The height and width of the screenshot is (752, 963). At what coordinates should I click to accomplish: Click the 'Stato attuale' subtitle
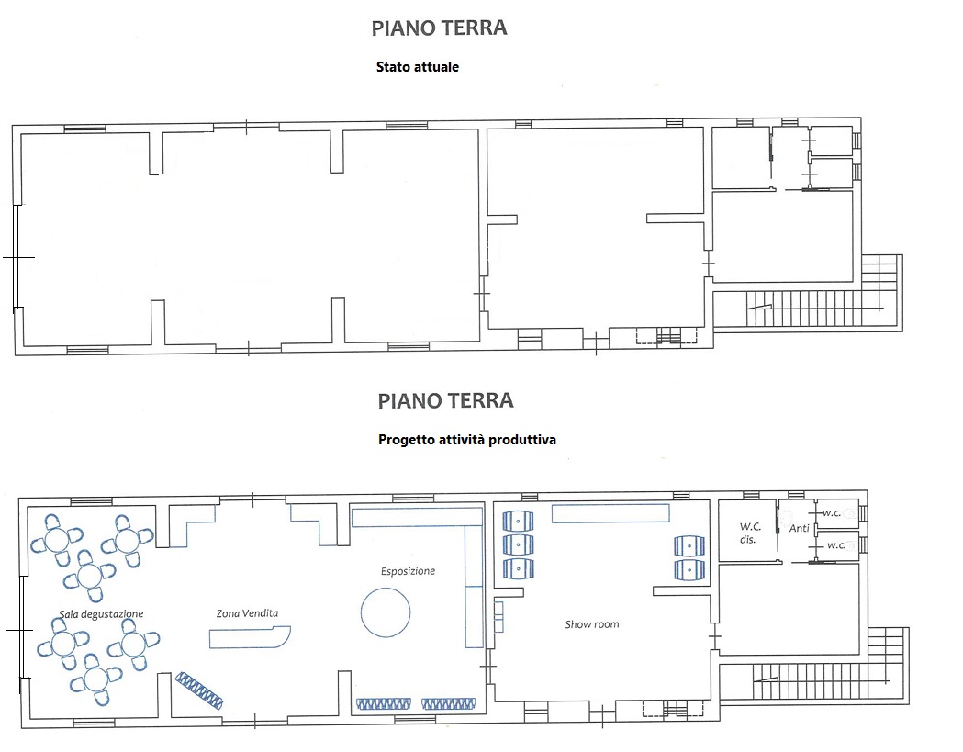click(x=418, y=67)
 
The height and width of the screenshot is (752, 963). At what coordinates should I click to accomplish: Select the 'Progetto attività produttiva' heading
click(x=467, y=440)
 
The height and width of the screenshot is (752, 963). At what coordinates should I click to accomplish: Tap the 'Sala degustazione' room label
click(x=101, y=613)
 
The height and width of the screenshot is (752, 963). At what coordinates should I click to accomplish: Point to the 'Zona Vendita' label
click(x=247, y=613)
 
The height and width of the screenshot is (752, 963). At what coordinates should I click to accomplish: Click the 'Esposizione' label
click(x=408, y=571)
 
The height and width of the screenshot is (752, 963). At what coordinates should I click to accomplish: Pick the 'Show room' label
click(x=592, y=624)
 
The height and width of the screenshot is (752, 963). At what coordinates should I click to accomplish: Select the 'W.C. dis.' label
click(x=750, y=533)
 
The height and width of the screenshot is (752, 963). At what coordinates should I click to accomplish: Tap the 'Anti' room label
click(x=799, y=528)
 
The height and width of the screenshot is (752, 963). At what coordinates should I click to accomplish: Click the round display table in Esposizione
click(x=385, y=612)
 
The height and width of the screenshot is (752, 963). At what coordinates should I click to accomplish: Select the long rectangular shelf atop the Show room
click(x=610, y=513)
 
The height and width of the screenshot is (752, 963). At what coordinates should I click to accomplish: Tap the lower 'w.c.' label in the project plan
click(x=836, y=545)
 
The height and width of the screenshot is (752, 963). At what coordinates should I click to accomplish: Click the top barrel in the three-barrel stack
click(x=518, y=521)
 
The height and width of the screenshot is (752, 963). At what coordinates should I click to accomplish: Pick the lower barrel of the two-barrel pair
click(x=689, y=569)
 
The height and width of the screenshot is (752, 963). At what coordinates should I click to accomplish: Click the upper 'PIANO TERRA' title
click(x=439, y=28)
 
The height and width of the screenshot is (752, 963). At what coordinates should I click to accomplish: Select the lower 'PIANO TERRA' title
click(x=445, y=401)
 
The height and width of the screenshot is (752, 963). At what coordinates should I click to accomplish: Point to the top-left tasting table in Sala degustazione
click(x=57, y=541)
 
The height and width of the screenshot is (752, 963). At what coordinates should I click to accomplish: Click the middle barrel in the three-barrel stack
click(x=518, y=544)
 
